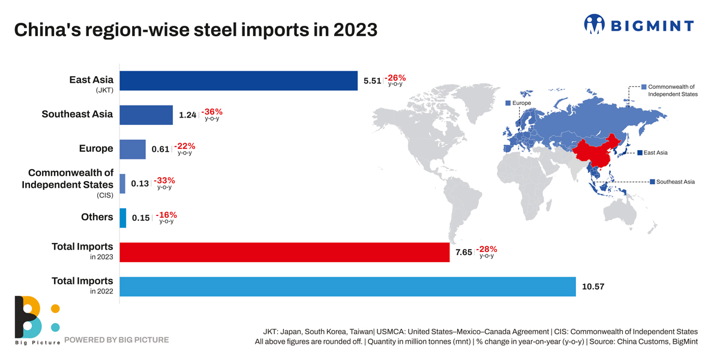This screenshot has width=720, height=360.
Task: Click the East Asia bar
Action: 238,81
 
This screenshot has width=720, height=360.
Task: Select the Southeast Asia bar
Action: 146,115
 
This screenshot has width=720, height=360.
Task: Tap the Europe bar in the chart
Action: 133,149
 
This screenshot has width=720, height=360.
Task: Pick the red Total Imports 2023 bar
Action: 284,253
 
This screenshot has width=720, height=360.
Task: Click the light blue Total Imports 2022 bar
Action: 347,287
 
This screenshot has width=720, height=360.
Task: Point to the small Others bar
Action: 123,218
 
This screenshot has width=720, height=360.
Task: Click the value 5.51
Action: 372,81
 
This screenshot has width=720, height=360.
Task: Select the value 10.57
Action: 593,287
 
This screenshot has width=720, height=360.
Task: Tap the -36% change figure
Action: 212,112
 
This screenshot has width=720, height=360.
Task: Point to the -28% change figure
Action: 487,249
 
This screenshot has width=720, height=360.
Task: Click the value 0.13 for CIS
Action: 140,184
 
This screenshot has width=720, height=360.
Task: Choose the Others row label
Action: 97,217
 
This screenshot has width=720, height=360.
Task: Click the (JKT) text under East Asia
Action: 104,91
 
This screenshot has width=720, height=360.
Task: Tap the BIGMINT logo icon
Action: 594,24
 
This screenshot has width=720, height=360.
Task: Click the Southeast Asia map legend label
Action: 675,182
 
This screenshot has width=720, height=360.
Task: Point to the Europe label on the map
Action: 521,103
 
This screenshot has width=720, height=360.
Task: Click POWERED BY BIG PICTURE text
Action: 116,340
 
